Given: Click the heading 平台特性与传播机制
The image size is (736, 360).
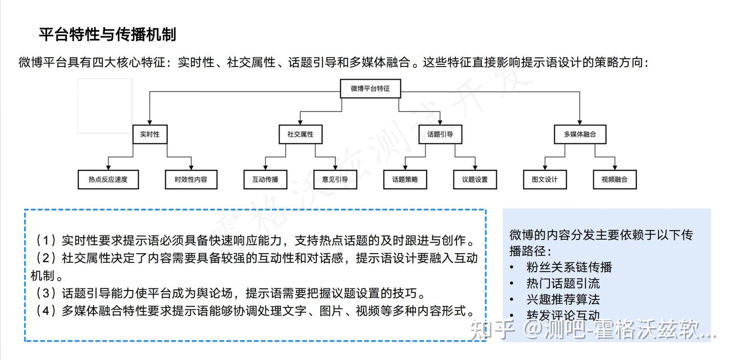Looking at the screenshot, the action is [107, 35].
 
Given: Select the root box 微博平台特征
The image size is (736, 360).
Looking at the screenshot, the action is [370, 88].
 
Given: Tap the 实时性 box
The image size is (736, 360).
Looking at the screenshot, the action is [150, 134].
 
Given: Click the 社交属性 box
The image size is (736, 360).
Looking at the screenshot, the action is [301, 134].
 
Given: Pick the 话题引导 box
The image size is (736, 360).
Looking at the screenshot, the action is [440, 134].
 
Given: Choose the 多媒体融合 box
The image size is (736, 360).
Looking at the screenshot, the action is [580, 134].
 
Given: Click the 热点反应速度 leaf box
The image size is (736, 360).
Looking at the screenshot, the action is [108, 179].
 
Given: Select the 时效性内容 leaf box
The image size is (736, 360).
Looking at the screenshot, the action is [191, 179].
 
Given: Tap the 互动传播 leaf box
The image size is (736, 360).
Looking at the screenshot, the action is [265, 179].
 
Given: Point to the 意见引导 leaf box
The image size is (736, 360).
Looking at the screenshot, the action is [335, 179].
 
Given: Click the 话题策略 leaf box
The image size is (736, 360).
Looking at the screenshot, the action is [405, 179].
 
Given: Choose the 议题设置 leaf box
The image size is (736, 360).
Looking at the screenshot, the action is [475, 179].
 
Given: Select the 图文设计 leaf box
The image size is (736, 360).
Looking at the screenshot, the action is [545, 179].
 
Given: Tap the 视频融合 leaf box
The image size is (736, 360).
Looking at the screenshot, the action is [615, 179].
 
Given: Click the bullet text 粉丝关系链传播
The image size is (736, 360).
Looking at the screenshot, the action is [569, 267].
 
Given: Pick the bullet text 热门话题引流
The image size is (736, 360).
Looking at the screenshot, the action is [563, 283].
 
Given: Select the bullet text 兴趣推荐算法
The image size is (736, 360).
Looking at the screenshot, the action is [563, 299].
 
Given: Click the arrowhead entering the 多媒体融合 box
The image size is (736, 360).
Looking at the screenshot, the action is [580, 122].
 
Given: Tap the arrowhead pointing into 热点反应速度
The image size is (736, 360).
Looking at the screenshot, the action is [108, 168].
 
